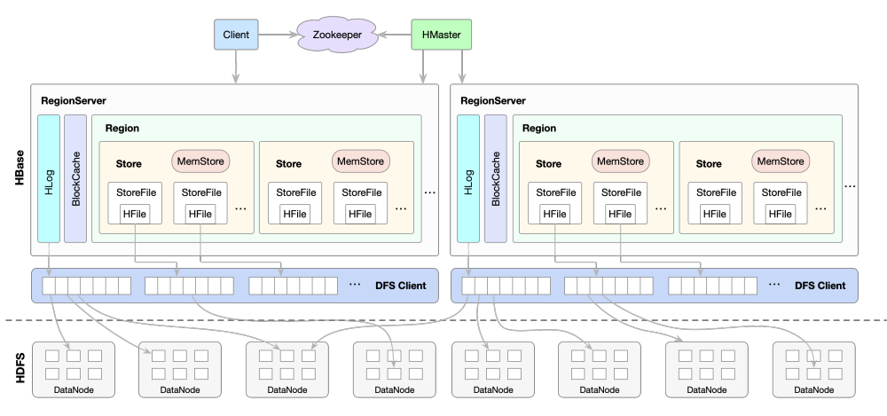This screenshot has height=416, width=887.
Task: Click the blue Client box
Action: coord(236,35)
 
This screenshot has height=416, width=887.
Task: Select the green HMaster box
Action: coord(442,35)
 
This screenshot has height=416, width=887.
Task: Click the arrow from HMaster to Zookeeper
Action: coord(394,35)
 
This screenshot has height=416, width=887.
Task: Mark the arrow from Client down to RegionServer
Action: coord(236,66)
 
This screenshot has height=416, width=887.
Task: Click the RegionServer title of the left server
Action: coord(74,101)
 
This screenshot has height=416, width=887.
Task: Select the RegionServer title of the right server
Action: coord(493,101)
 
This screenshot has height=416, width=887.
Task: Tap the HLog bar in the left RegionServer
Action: coord(48,178)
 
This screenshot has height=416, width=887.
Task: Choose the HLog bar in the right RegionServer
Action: coord(467,178)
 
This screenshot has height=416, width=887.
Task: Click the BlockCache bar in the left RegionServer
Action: coord(75,178)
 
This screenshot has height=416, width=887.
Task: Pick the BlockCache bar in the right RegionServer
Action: coord(495,178)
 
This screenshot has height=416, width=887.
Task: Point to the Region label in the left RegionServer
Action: coord(122,129)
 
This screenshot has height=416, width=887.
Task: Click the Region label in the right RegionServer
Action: coord(539,129)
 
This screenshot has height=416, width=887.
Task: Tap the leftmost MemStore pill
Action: coord(200,161)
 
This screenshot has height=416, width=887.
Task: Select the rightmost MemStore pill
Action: coord(780,161)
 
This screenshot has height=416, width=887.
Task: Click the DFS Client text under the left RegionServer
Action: coord(399,286)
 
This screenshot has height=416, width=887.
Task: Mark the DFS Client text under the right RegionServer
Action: coord(820,286)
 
